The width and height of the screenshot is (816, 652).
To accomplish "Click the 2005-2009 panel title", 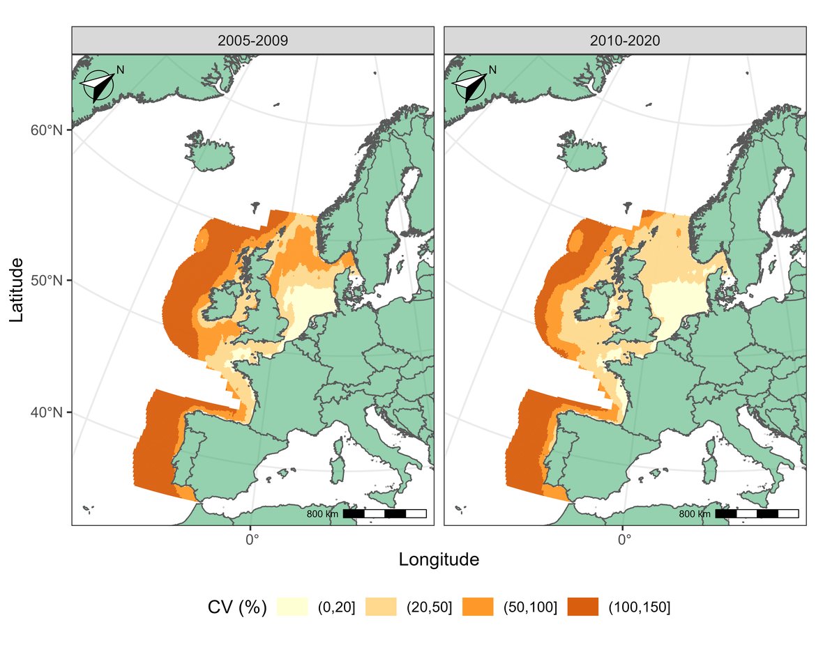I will [x=252, y=40].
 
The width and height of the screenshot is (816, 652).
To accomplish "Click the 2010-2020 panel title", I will [x=624, y=40].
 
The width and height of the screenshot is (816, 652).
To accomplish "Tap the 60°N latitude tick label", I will [x=47, y=131].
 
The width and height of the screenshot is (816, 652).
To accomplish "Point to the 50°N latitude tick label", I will [x=47, y=281].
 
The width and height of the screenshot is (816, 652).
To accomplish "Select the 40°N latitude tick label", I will [x=47, y=412].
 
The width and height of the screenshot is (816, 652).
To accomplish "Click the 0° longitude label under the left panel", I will [x=252, y=538].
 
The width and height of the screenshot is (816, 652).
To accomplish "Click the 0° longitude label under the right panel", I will [x=624, y=538].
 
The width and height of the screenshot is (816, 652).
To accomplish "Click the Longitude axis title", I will [x=439, y=559].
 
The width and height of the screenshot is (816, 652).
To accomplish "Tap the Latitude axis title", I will [x=17, y=290].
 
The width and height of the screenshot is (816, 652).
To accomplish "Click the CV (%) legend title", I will [x=237, y=607].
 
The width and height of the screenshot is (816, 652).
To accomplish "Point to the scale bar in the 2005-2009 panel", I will [x=384, y=514].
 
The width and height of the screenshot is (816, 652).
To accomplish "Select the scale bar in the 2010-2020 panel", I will [x=757, y=514].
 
